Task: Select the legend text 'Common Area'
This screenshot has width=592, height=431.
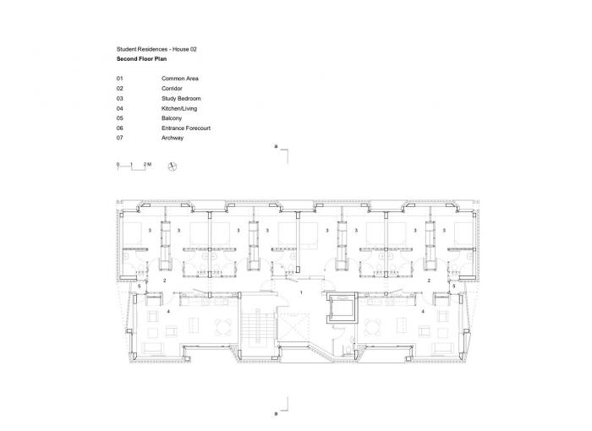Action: coord(180,78)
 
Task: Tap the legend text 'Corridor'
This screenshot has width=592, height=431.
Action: coord(173,88)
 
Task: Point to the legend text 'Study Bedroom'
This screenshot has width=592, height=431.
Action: coord(182,98)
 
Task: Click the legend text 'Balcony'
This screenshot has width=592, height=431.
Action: coord(173,118)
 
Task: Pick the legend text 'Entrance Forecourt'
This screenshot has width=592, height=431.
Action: coord(186,128)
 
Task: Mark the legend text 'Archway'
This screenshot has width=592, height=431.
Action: coord(173,138)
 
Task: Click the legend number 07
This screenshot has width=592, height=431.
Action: coord(120,138)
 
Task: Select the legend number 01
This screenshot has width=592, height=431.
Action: coord(120,78)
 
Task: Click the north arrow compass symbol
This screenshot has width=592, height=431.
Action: coord(173,166)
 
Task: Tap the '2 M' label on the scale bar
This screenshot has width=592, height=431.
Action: coord(147,161)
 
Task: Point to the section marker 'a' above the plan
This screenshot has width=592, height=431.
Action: coord(277,147)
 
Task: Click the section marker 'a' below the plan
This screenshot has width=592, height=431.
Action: coord(277,413)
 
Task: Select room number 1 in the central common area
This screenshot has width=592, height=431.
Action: coord(301,292)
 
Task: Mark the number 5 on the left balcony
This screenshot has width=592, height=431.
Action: coord(140,287)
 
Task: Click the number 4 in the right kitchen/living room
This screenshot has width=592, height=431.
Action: coord(422,312)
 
